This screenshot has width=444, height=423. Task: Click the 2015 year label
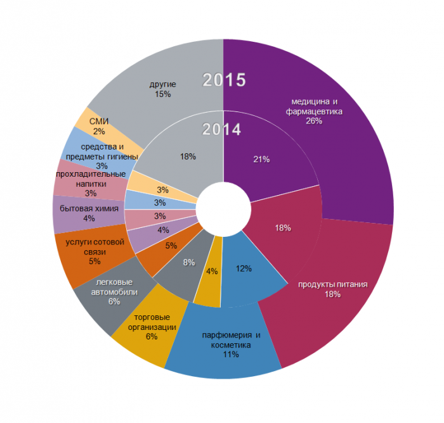(224, 80)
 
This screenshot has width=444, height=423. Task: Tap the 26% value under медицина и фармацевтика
(314, 121)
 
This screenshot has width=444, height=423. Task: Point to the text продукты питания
(333, 284)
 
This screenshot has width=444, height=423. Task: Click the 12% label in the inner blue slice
(244, 268)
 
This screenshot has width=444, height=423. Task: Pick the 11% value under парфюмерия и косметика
(230, 355)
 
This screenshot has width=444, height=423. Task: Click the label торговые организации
(152, 322)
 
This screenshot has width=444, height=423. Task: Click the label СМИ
(99, 122)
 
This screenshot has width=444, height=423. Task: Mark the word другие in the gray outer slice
(163, 84)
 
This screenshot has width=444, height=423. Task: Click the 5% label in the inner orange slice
(171, 246)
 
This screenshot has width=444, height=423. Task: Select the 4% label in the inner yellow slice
(212, 271)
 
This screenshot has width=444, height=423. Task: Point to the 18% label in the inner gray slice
(188, 156)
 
